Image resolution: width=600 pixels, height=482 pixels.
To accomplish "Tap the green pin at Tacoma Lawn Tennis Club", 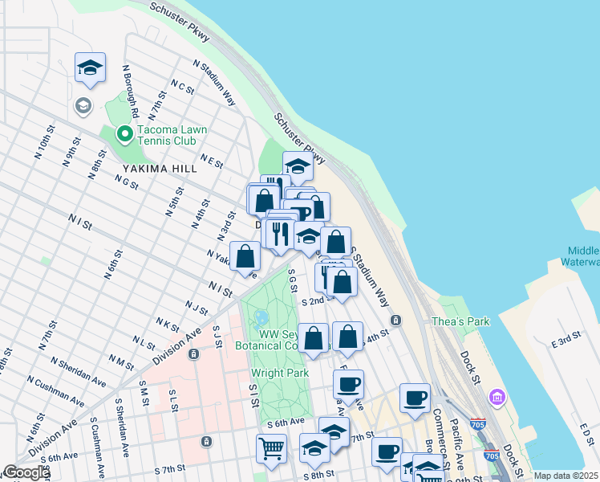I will coord(124,134).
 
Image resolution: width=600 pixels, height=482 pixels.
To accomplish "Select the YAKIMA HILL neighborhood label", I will coord(156,169).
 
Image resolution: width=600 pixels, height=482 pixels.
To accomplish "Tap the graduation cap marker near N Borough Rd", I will coord(91,67).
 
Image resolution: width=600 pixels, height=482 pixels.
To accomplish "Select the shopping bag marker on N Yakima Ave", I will coord(245,257).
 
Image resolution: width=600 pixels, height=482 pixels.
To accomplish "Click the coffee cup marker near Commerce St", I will coord(415,398).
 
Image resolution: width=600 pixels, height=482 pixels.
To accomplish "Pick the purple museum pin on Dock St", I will coord(497,397).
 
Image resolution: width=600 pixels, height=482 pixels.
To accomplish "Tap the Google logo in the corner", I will coord(26,472).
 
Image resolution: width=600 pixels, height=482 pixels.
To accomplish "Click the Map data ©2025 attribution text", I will coord(566,476).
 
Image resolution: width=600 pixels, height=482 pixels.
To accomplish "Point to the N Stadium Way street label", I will coord(214,82).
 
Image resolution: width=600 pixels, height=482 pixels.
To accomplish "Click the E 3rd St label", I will coord(566,341).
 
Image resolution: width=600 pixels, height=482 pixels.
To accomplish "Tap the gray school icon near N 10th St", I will coord(83,105).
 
